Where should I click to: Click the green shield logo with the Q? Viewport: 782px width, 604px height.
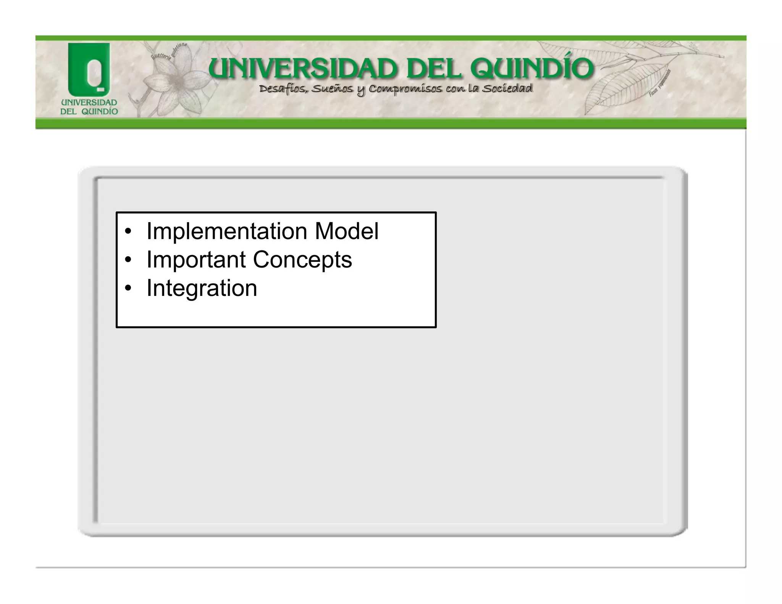[89, 69]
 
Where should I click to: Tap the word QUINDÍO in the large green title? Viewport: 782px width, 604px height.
[532, 69]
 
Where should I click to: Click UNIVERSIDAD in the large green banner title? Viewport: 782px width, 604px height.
[304, 69]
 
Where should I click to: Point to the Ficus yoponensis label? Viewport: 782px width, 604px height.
[660, 82]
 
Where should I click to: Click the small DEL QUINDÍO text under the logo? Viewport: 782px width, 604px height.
[89, 111]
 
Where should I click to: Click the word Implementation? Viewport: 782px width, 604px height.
[227, 231]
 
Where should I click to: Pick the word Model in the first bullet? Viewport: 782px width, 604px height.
[346, 231]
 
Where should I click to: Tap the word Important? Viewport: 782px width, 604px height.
[196, 260]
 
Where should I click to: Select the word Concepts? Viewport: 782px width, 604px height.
[302, 260]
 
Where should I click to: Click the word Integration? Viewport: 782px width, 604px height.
[202, 288]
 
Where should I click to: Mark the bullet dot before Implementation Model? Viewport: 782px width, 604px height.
[128, 232]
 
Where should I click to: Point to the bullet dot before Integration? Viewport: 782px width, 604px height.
[128, 288]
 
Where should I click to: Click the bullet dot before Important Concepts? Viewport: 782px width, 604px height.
[128, 260]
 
